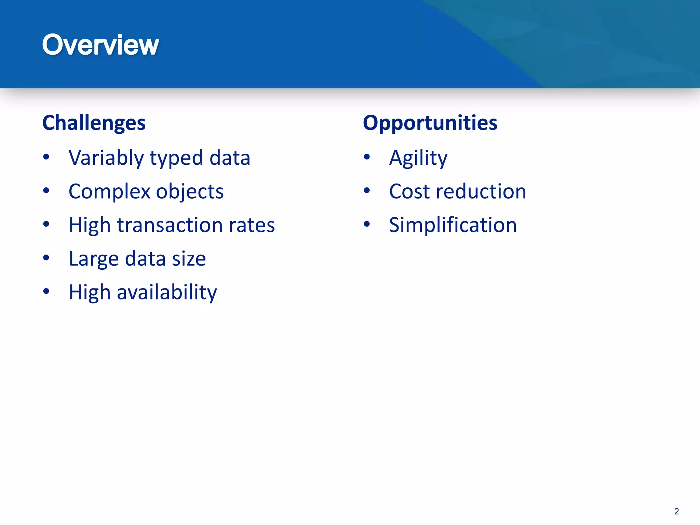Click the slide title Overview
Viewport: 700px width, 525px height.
point(100,45)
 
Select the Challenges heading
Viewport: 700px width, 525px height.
point(94,123)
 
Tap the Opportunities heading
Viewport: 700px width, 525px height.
point(430,123)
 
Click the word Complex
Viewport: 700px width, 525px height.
point(109,192)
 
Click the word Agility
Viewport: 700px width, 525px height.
point(418,158)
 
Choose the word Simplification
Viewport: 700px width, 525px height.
point(453,225)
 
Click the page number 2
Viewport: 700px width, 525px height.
point(676,511)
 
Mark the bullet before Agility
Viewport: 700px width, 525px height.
point(367,157)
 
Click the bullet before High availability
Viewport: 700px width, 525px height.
point(46,291)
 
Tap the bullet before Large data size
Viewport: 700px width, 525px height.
point(46,258)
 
